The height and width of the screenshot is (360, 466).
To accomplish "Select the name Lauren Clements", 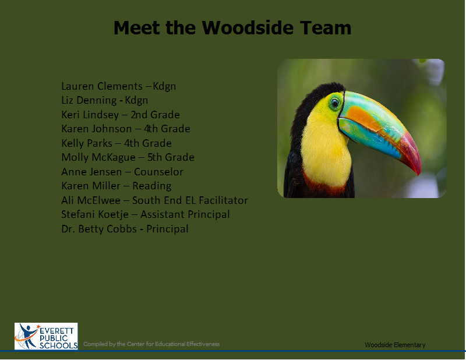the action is point(102,86).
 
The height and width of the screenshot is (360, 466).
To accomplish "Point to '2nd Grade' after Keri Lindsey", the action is point(155,115).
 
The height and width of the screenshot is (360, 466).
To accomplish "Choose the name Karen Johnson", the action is point(96,129).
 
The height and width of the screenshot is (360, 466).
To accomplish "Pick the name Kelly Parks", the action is point(87,143).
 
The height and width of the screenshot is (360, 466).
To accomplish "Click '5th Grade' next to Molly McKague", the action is point(171,157).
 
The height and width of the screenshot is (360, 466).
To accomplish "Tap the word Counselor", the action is point(158,172).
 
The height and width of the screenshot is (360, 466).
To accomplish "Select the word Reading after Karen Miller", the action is point(152,186).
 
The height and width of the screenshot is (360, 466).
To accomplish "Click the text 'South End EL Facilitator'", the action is point(190,200).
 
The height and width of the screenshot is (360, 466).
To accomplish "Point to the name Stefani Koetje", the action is point(95,214).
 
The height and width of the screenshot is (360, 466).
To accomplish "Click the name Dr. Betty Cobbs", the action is point(99,229).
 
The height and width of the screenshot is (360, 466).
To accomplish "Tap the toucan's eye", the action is point(335,103).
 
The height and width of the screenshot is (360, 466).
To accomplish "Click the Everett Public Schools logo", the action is point(46,336).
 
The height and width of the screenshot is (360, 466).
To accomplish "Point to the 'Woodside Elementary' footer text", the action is point(395,345).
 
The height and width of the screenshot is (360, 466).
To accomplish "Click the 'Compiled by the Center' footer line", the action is point(151,344).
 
